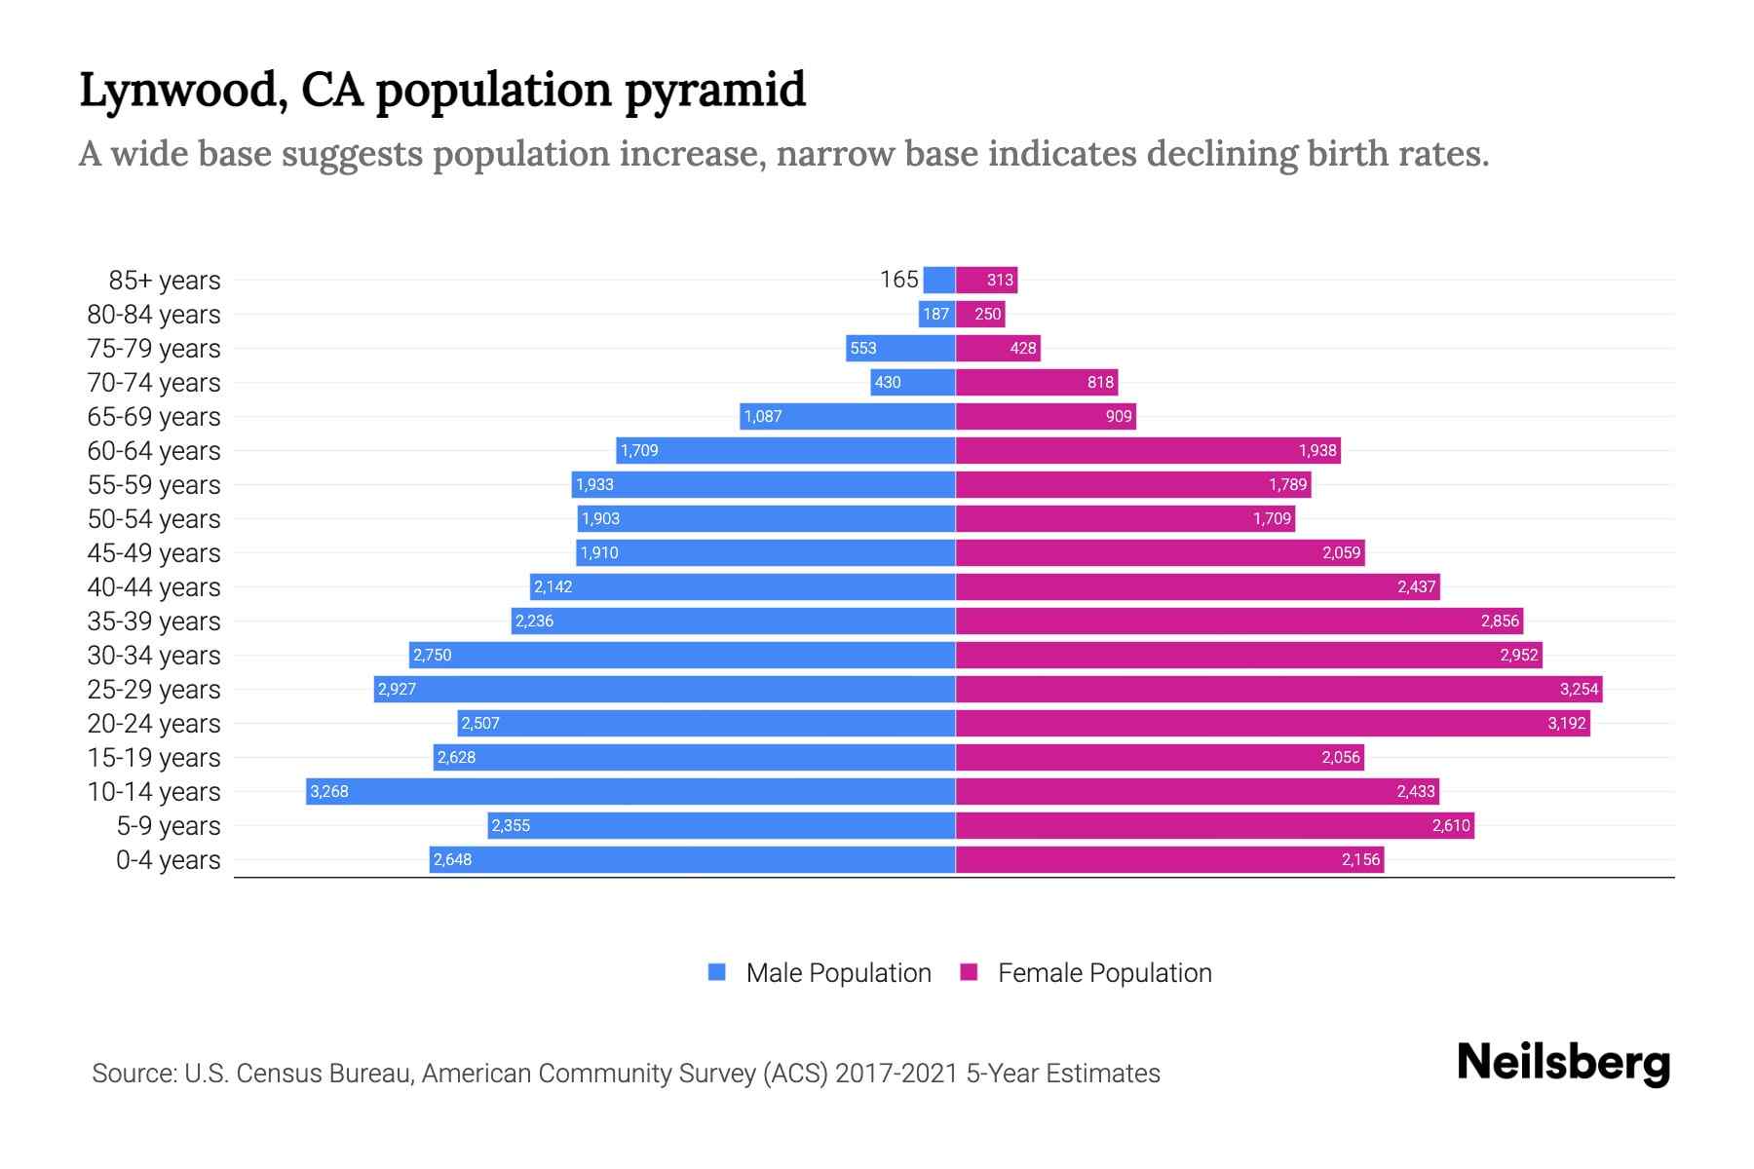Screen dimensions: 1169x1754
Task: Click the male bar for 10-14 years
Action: (x=630, y=791)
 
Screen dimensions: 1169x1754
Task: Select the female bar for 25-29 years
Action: (x=1278, y=689)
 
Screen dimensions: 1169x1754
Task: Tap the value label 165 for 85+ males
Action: (x=898, y=280)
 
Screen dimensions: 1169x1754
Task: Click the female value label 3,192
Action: (x=1567, y=723)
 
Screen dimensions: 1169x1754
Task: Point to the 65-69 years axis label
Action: (x=154, y=416)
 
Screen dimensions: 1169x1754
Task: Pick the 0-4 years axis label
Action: (x=168, y=859)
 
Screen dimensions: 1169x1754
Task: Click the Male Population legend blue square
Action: (x=717, y=972)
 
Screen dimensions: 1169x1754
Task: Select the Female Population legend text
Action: (x=1104, y=972)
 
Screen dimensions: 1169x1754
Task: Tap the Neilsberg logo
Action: (x=1563, y=1063)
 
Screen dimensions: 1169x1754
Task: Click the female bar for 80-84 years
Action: (x=980, y=314)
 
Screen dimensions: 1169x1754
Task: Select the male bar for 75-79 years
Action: (x=900, y=348)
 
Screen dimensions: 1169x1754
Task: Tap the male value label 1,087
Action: (x=763, y=416)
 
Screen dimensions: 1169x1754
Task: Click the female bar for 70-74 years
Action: (x=1037, y=382)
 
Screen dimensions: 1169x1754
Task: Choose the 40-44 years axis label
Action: (x=154, y=586)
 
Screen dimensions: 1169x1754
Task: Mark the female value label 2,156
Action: (x=1360, y=859)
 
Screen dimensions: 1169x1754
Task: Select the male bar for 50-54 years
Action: (x=766, y=518)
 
